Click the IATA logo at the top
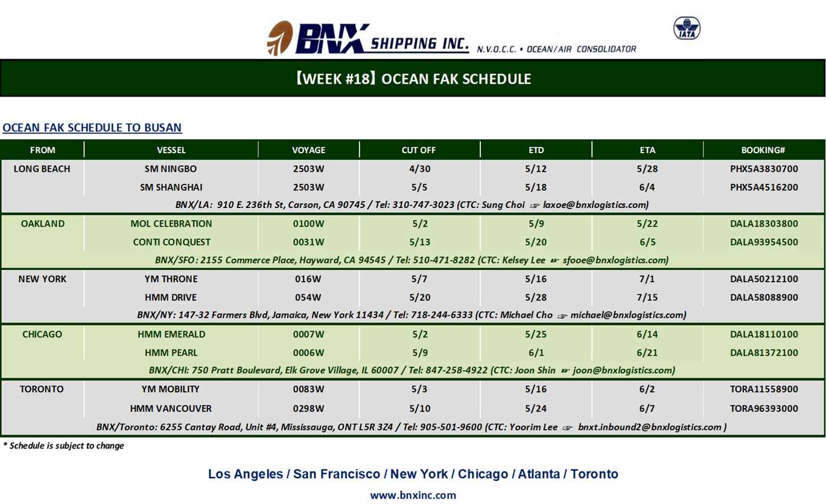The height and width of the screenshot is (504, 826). coord(687,28)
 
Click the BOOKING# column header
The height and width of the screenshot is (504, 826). coord(763,150)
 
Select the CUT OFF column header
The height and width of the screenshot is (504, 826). coord(419,150)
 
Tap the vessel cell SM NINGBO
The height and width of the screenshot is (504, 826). coord(171,169)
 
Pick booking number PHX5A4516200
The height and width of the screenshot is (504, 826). coord(764,187)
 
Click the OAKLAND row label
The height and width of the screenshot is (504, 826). coord(43,224)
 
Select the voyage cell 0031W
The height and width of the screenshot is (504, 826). coord(309,242)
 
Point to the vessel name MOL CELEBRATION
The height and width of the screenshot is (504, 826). coord(171,224)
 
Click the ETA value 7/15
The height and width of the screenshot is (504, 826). coord(647,297)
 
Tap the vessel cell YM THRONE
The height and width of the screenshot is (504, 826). coord(171,279)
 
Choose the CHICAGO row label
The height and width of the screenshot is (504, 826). coord(42,334)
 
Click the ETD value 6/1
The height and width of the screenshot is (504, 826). coord(536,353)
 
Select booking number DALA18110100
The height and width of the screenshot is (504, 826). coord(764,334)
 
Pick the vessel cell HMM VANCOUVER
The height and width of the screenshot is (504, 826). coord(171,409)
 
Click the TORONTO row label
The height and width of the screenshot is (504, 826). coord(42,389)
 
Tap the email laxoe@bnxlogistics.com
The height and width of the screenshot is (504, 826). coord(594,205)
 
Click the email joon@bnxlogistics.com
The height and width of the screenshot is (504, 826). coord(623,370)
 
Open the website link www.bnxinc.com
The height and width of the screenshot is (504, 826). coord(413,495)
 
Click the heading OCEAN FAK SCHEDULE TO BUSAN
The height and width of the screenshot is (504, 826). coord(92,127)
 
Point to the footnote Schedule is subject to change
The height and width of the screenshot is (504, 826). coord(66,446)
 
